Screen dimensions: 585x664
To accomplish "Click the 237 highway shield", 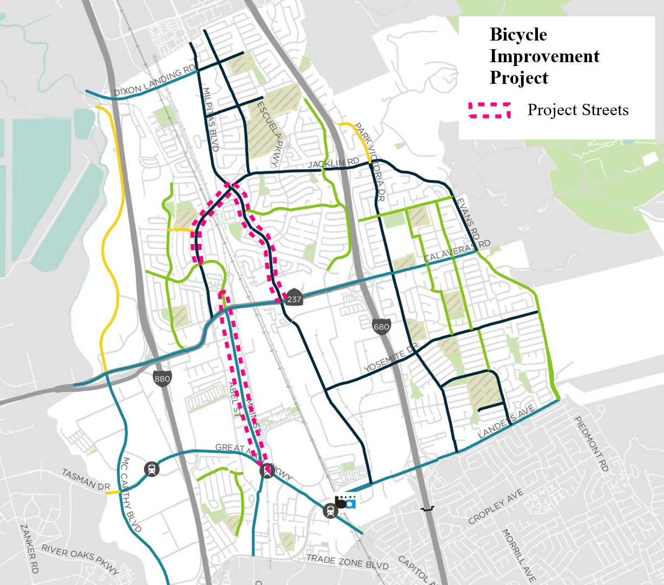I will (x=294, y=299).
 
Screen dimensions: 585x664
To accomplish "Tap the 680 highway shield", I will (x=381, y=327).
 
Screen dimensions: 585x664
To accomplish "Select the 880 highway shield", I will (x=162, y=378).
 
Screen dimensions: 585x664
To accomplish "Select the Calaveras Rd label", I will (x=457, y=250).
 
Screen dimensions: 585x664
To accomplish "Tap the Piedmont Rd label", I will (x=591, y=443).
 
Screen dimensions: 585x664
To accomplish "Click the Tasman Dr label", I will (x=86, y=479).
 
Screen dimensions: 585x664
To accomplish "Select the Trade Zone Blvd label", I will (x=347, y=562).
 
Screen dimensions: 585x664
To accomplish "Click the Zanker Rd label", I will (x=29, y=548).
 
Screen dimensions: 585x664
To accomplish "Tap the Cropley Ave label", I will (x=496, y=506).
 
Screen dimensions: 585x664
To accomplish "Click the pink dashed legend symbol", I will (x=489, y=110).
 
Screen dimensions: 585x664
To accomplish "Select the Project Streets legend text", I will (x=578, y=110).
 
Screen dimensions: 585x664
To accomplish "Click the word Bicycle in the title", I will (x=518, y=35).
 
